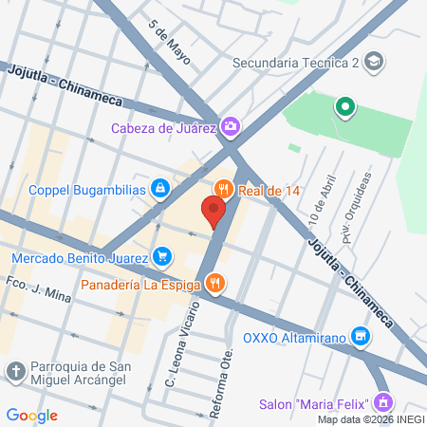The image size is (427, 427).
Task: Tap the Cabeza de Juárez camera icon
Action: (x=231, y=126)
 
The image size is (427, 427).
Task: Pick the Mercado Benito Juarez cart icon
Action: (x=162, y=256)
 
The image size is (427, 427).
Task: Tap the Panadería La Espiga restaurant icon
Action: (x=216, y=283)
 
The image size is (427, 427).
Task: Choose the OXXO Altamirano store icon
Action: (x=360, y=336)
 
